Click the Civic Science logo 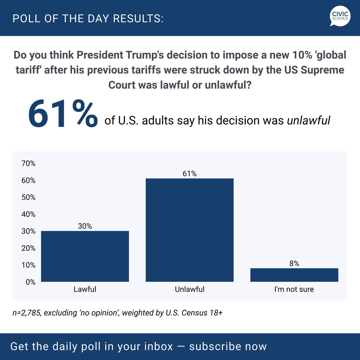click(340, 17)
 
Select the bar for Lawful click(85, 256)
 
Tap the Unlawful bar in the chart click(190, 230)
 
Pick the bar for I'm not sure click(294, 275)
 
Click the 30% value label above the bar click(85, 226)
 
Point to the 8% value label click(294, 263)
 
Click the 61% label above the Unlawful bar click(190, 174)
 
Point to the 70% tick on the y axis click(28, 163)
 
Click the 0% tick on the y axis click(30, 282)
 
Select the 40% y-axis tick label click(28, 214)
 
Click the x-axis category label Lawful click(85, 289)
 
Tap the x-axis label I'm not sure click(294, 289)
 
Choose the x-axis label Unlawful click(190, 289)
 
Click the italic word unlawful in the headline click(308, 120)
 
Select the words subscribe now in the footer click(228, 346)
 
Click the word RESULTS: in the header click(138, 19)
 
